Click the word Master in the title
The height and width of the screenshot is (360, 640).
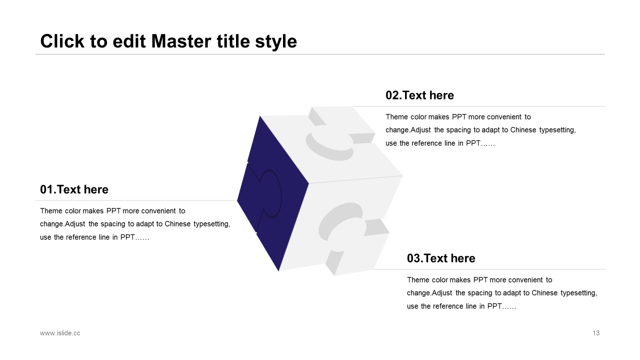181,41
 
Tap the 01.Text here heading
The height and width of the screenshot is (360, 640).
74,189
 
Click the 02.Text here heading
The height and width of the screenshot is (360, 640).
419,95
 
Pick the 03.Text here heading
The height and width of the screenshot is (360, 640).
441,258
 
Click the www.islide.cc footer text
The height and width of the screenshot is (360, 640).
60,333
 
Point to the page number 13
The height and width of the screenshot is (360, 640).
596,333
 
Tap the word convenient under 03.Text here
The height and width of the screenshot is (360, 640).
525,280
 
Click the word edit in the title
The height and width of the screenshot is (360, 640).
129,41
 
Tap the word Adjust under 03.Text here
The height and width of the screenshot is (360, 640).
442,293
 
